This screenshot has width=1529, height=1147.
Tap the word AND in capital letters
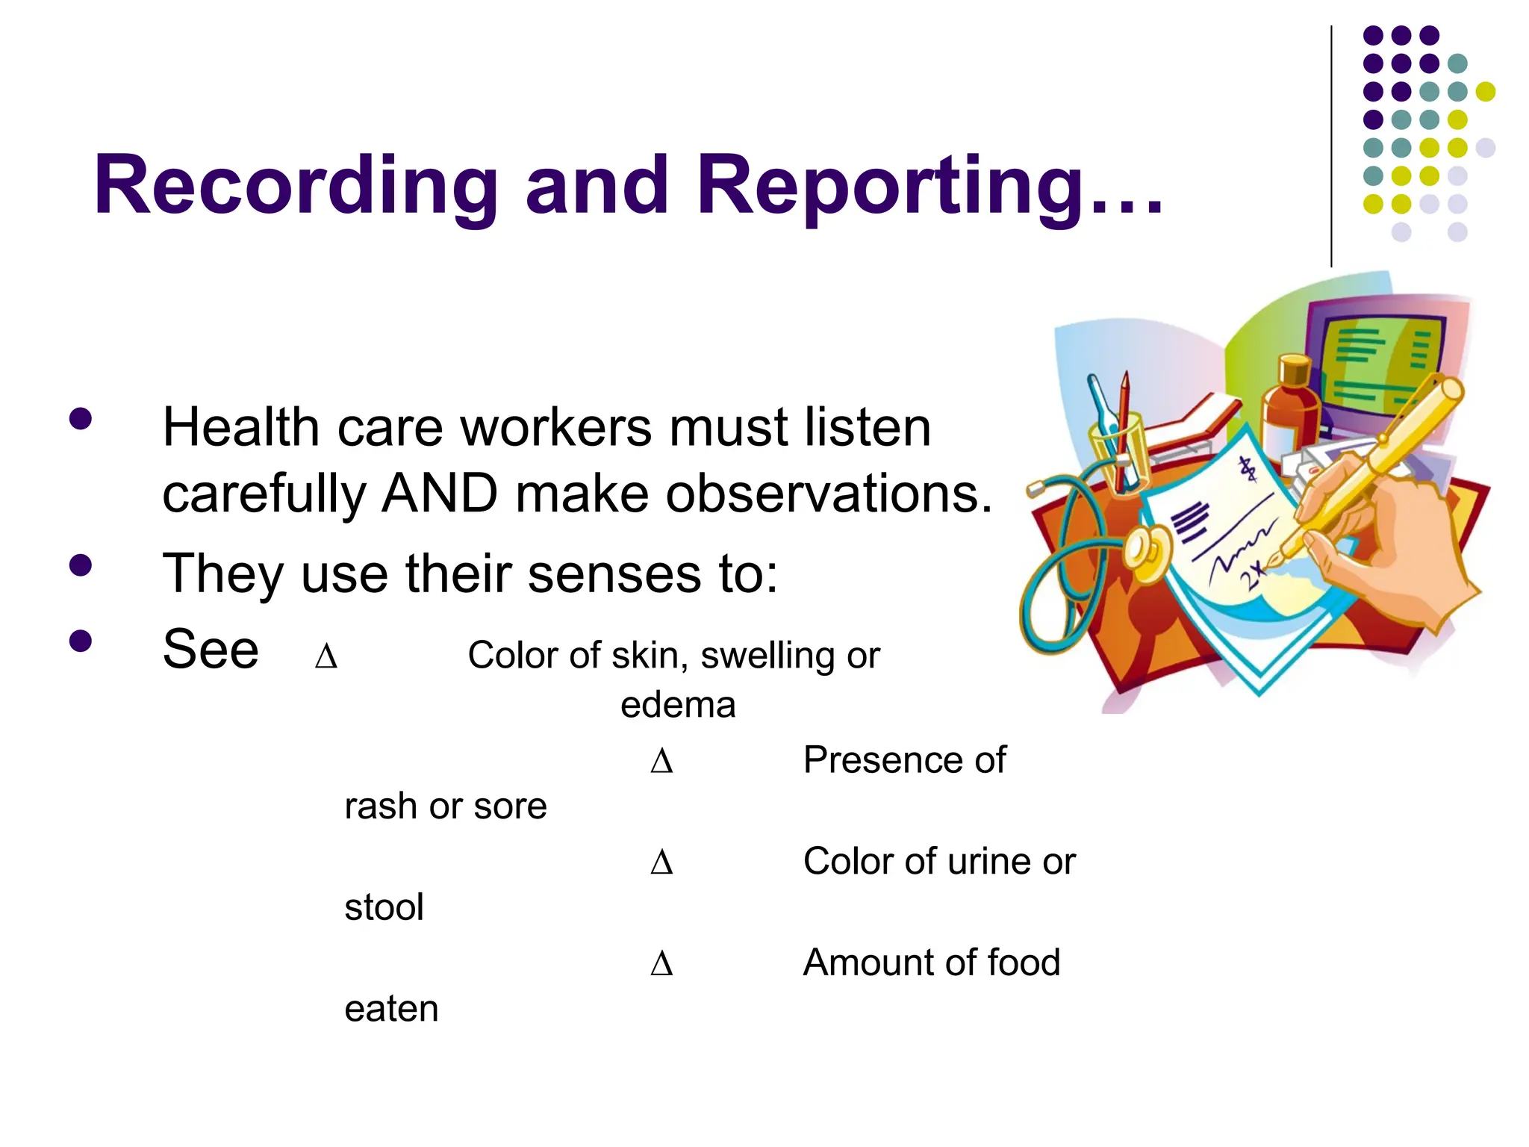pos(440,494)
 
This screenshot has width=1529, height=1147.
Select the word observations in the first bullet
pos(829,494)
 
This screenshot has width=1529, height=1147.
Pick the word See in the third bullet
pos(211,650)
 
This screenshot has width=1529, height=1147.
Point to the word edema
pos(678,705)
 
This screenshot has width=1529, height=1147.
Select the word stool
pos(384,908)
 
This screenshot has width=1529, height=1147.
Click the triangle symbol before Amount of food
pos(661,965)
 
